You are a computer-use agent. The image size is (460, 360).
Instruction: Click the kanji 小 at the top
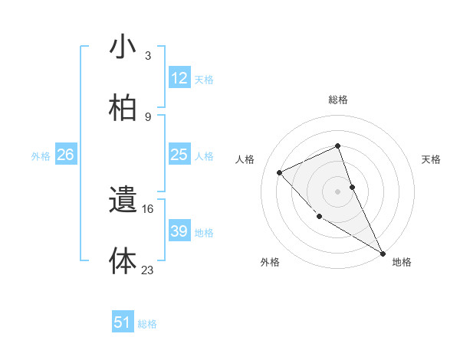pos(123,47)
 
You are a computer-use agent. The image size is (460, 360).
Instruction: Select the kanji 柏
pos(123,108)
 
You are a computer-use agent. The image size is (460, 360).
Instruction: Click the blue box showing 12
pos(179,78)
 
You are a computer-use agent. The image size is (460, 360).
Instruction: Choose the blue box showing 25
pos(179,155)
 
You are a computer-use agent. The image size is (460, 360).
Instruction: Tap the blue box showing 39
pos(179,231)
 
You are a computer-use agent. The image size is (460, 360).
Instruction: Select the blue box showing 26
pos(65,155)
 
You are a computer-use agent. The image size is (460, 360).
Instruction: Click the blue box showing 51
pos(123,322)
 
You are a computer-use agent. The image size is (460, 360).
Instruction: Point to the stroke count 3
pos(147,55)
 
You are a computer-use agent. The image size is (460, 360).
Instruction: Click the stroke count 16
pos(148,208)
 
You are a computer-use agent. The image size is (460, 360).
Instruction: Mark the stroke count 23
pos(148,269)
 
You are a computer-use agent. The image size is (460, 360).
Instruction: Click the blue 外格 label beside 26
pos(41,155)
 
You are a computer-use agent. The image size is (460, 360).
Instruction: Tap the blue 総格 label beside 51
pos(147,323)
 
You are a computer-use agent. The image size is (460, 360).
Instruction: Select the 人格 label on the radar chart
pos(245,159)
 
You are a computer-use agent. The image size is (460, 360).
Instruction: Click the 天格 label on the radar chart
pos(431,159)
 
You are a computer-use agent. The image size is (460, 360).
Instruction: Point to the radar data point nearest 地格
pos(383,253)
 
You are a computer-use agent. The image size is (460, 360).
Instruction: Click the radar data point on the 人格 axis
pos(280,172)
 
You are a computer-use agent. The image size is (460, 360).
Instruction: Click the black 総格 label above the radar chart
pos(338,100)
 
